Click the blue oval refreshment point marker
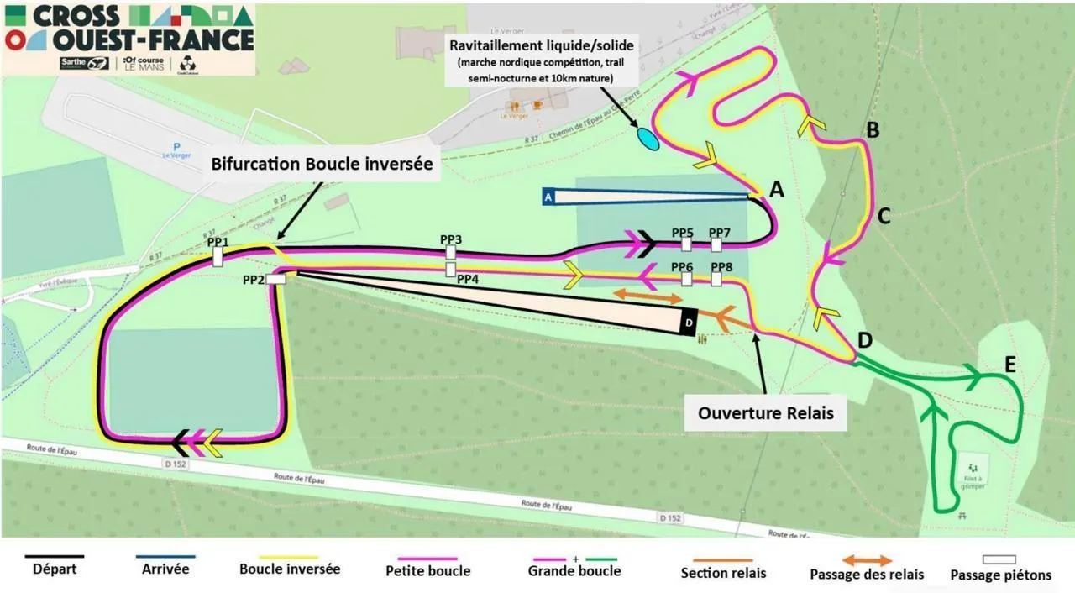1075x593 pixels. coord(648,139)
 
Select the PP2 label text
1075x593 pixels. coord(254,280)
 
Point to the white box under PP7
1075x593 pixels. coord(716,244)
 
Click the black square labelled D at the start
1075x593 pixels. coord(689,322)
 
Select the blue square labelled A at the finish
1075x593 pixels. coord(548,197)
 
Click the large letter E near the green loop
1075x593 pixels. coord(1010,365)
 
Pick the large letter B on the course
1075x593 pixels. coord(873,130)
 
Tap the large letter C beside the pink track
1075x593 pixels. coord(884,217)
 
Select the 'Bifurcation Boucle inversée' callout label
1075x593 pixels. coord(322,165)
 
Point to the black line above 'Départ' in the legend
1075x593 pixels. coord(55,556)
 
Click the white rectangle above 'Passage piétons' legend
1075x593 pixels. coord(999,559)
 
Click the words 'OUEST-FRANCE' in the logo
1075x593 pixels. coord(153,39)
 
